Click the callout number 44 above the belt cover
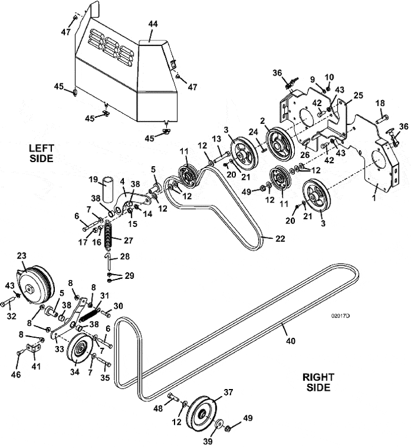pyautogui.click(x=153, y=24)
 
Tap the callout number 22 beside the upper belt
pyautogui.click(x=280, y=238)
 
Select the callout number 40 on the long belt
pyautogui.click(x=291, y=341)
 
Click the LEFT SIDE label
pyautogui.click(x=42, y=153)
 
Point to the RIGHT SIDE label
pyautogui.click(x=318, y=382)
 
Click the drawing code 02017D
pyautogui.click(x=341, y=316)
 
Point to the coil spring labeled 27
pyautogui.click(x=108, y=234)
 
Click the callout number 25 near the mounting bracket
pyautogui.click(x=358, y=95)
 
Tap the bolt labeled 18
pyautogui.click(x=382, y=119)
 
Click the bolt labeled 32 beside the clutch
pyautogui.click(x=8, y=301)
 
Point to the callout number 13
pyautogui.click(x=217, y=139)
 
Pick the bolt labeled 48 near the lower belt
pyautogui.click(x=173, y=397)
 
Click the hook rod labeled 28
pyautogui.click(x=108, y=260)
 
